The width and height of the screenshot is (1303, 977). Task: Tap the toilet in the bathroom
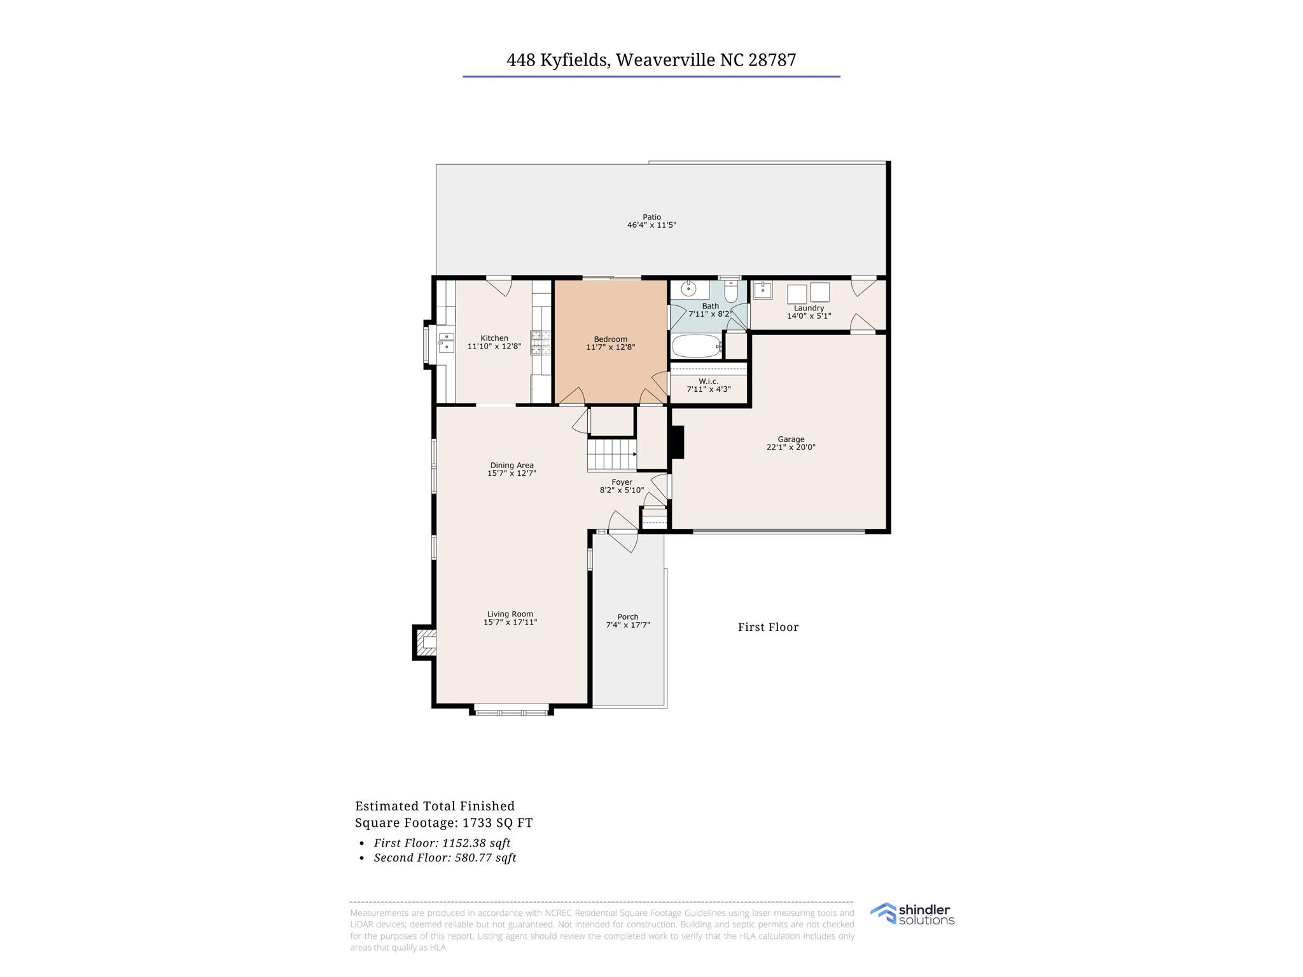[730, 292]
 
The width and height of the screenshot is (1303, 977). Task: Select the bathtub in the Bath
[696, 347]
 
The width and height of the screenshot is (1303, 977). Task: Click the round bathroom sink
[688, 289]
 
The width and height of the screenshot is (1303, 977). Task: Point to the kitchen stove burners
[541, 342]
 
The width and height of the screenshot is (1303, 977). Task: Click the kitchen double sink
[446, 342]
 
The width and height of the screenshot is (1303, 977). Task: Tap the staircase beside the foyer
[611, 455]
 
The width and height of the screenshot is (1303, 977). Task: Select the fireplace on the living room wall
[425, 642]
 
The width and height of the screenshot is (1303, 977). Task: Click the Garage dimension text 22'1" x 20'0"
[791, 447]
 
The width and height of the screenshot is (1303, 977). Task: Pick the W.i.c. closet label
[708, 381]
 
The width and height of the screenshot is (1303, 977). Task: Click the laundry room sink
[762, 291]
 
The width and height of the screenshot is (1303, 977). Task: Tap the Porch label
[627, 616]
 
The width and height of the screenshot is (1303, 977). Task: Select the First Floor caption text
[768, 627]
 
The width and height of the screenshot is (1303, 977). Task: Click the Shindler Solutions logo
[912, 914]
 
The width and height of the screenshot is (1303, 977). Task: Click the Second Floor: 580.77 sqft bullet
[445, 857]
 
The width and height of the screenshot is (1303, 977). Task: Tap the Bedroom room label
[610, 339]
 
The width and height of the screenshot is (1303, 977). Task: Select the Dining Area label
[512, 465]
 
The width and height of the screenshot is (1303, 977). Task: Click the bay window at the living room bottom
[511, 710]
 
